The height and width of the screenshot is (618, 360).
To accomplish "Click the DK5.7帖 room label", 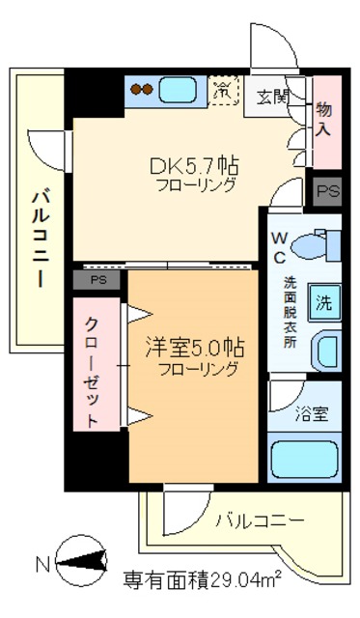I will pyautogui.click(x=194, y=165).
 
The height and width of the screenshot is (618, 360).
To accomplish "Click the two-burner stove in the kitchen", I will pyautogui.click(x=141, y=92).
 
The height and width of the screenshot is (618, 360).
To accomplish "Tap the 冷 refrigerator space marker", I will pyautogui.click(x=222, y=92).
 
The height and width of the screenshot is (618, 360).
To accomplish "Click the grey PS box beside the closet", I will pyautogui.click(x=97, y=280).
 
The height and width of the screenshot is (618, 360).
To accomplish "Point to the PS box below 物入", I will pyautogui.click(x=328, y=190).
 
